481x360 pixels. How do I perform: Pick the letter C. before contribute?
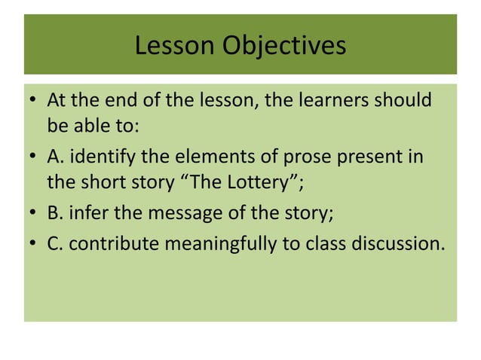pos(55,245)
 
